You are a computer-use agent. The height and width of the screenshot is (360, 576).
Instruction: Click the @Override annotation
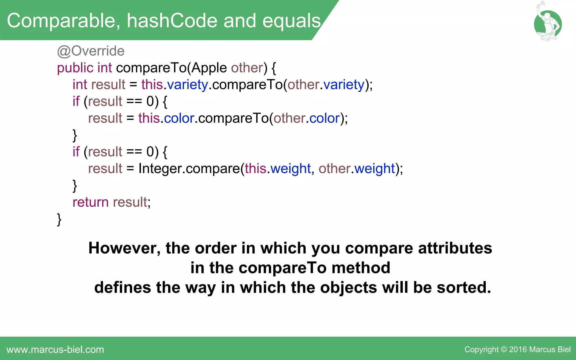tap(91, 51)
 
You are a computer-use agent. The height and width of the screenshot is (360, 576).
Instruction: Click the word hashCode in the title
tap(172, 21)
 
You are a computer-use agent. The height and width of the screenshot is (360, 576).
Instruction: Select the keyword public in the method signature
tap(75, 68)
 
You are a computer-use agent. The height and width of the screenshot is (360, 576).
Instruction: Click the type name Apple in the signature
tap(209, 68)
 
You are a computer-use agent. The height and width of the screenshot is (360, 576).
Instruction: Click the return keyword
tap(90, 202)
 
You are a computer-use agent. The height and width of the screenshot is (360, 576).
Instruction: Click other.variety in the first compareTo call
tap(326, 85)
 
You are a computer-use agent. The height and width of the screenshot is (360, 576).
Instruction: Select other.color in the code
tap(307, 118)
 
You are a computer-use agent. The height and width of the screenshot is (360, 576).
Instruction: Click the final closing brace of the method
tap(59, 219)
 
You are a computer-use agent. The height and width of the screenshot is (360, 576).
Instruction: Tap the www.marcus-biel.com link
tap(55, 350)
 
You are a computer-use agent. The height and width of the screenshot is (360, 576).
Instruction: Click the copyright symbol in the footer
tap(504, 350)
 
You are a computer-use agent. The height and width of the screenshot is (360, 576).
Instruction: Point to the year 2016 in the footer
tap(518, 350)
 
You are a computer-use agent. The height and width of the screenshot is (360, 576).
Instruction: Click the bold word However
tap(125, 248)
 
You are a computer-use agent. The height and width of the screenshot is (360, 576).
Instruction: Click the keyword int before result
tap(80, 85)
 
